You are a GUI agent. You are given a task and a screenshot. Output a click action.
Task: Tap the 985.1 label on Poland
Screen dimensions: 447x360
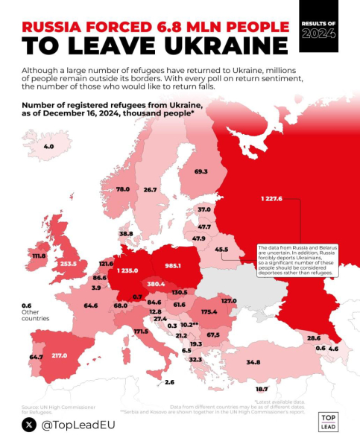pos(174,266)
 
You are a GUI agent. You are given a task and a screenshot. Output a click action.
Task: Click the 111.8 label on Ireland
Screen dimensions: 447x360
pos(37,256)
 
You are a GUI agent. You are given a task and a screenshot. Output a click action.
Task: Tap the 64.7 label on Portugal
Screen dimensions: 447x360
pos(36,358)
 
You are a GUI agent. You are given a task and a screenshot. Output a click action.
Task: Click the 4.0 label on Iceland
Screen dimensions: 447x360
pos(49,147)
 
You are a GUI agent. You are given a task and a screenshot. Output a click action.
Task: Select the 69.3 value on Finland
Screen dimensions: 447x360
pos(200,171)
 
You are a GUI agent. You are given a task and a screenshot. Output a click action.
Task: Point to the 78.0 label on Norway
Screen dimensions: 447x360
pos(123,189)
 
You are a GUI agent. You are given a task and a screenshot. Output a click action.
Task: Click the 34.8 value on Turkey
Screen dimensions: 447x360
pos(253,362)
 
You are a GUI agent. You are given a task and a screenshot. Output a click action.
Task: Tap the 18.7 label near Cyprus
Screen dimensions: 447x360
pos(262,389)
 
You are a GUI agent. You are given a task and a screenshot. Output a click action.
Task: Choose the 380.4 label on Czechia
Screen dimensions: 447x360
pos(156,284)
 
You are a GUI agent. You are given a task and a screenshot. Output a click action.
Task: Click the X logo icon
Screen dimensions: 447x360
pos(29,425)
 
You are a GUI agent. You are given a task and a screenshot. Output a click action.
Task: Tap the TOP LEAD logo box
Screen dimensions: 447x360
pos(328,422)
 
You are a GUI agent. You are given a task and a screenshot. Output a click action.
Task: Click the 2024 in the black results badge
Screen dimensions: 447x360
pos(318,34)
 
